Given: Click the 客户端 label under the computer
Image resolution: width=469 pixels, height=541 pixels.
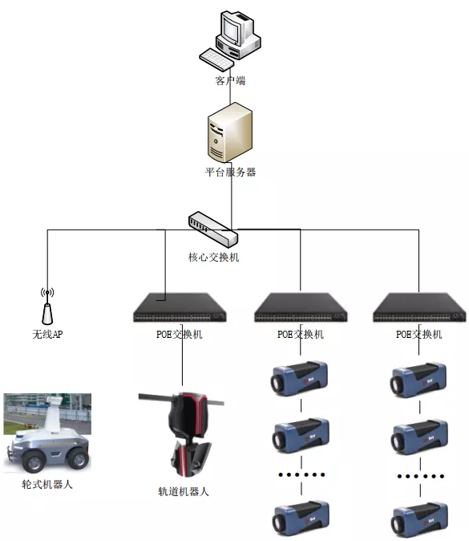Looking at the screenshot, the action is [230, 81].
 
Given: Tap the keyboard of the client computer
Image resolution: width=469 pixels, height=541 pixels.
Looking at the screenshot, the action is [216, 59].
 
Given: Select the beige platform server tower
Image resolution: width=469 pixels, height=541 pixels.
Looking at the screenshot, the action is [230, 132].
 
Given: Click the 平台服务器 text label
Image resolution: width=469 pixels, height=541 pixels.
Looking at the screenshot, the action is [230, 172].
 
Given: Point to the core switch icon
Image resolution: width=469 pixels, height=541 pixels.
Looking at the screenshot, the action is [213, 229].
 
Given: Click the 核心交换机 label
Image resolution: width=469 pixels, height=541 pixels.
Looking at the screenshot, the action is [213, 257].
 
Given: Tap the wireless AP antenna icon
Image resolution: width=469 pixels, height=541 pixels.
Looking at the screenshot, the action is [47, 307].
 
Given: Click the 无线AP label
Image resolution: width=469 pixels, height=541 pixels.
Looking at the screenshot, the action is [47, 334].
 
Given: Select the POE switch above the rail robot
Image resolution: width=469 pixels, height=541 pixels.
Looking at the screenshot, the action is [180, 307].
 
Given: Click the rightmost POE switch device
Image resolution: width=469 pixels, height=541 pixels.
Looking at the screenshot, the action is [419, 307].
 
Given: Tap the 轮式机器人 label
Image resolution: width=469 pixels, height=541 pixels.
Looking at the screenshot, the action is [47, 485].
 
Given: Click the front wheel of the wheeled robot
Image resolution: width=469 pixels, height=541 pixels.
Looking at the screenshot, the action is [34, 462].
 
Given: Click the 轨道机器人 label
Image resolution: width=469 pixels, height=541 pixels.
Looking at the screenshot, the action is [184, 491].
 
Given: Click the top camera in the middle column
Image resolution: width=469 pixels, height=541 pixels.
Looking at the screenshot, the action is [299, 379].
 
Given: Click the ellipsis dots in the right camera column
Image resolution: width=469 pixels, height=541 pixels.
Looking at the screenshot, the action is [421, 477].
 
